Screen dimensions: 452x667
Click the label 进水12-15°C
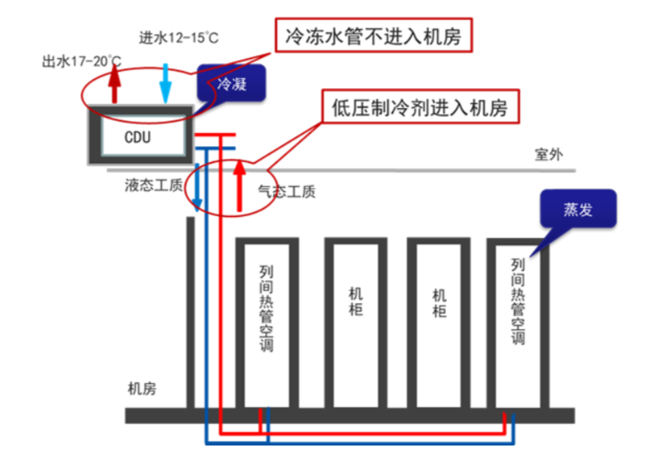tap(179, 37)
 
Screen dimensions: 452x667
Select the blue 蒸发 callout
tap(578, 209)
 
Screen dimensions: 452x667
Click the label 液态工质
tap(154, 185)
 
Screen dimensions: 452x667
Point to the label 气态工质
tap(287, 192)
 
